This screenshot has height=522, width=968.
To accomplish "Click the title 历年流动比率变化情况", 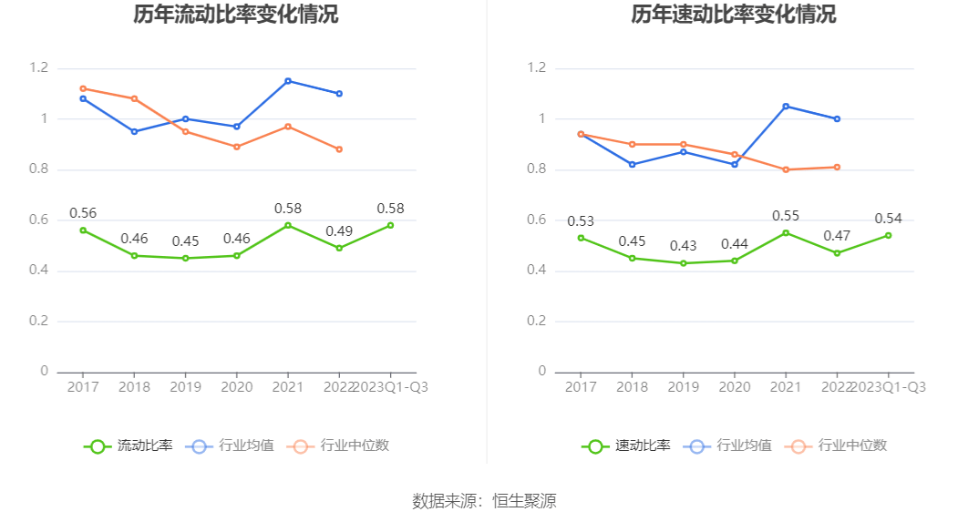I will pos(235,15).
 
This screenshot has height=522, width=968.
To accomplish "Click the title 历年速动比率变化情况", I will pos(733,15).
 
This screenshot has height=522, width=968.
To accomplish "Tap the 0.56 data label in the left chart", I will pos(83,213).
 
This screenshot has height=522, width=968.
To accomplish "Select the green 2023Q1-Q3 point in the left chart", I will pos(390,225).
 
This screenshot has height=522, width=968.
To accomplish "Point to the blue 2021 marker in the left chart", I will pos(288,81).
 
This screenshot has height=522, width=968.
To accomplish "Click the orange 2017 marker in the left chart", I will pos(83,88).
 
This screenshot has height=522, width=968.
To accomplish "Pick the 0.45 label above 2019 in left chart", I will pos(186,241).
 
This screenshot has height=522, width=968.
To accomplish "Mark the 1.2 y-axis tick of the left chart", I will pos(38,68).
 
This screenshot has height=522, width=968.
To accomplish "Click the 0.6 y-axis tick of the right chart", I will pos(536,220).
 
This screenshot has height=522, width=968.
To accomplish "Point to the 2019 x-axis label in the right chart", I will pos(684,386).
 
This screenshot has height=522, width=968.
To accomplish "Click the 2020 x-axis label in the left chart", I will pos(237,386).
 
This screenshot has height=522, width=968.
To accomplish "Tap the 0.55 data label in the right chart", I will pos(786,216).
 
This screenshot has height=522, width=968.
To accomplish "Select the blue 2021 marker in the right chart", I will pos(786,107).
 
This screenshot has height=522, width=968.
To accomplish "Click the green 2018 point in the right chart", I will pos(633,258).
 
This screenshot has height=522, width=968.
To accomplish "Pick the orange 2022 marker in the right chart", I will pos(837,167).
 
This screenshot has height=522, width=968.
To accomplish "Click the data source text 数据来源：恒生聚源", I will pos(484,500).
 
